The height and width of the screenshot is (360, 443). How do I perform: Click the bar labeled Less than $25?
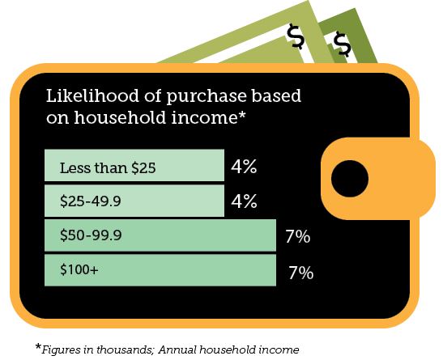click(134, 165)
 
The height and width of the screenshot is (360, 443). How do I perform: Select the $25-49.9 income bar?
click(134, 201)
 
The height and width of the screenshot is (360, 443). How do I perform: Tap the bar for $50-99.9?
click(160, 235)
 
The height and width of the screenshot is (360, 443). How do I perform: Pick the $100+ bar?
click(160, 270)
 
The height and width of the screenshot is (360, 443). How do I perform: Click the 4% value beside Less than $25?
click(244, 166)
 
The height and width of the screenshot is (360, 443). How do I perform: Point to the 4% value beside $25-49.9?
click(244, 201)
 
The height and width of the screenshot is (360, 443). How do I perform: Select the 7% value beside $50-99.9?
click(298, 236)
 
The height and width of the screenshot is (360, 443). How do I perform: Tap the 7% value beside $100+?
click(301, 273)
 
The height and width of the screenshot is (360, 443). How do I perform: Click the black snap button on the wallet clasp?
click(350, 179)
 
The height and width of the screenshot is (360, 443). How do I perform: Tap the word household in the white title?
click(120, 116)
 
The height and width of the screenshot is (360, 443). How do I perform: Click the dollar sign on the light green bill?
click(296, 36)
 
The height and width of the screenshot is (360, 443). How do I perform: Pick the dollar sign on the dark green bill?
click(342, 44)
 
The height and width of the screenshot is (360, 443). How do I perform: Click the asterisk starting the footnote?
click(38, 346)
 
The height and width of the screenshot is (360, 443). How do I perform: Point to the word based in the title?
click(276, 95)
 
